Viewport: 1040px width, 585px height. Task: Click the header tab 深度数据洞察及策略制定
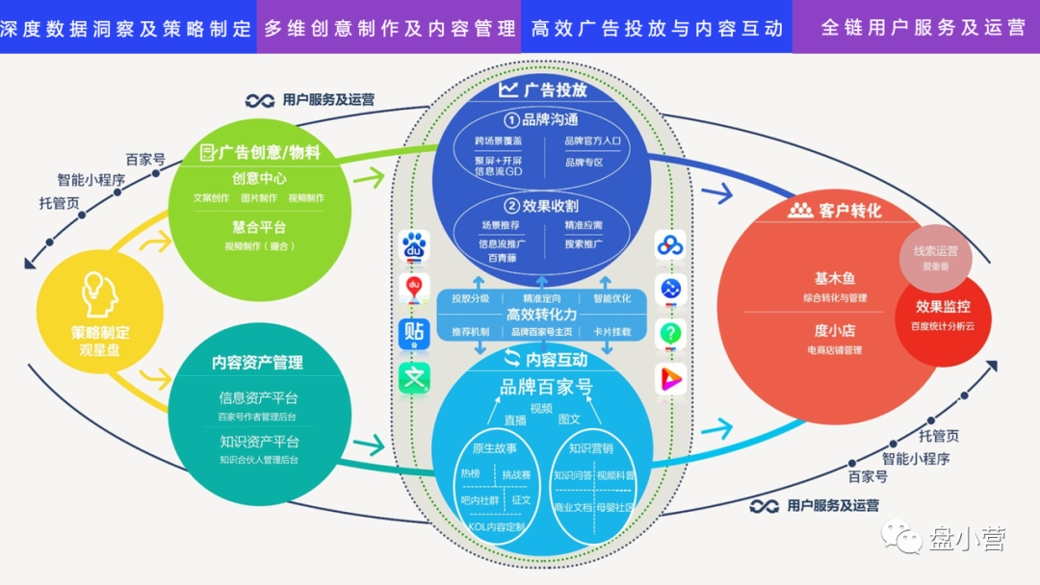pyautogui.click(x=127, y=28)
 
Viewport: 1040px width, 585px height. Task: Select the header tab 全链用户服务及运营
pyautogui.click(x=923, y=28)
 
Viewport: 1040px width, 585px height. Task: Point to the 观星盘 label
pyautogui.click(x=99, y=350)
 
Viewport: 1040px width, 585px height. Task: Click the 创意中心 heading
pyautogui.click(x=259, y=178)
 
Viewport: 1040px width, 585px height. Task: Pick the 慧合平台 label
pyautogui.click(x=259, y=227)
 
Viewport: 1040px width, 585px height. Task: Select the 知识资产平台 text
pyautogui.click(x=259, y=442)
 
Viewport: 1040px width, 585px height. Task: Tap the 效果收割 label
pyautogui.click(x=541, y=206)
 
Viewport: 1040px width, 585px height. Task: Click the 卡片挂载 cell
pyautogui.click(x=611, y=332)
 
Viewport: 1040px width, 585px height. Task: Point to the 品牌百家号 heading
pyautogui.click(x=546, y=387)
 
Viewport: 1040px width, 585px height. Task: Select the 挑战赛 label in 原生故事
pyautogui.click(x=516, y=474)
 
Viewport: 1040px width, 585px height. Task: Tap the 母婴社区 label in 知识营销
pyautogui.click(x=615, y=506)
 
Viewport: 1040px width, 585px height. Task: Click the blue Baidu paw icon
pyautogui.click(x=414, y=246)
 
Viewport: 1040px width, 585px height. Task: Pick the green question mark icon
pyautogui.click(x=670, y=334)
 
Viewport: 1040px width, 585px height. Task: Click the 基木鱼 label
pyautogui.click(x=834, y=279)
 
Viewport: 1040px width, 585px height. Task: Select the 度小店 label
pyautogui.click(x=834, y=331)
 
